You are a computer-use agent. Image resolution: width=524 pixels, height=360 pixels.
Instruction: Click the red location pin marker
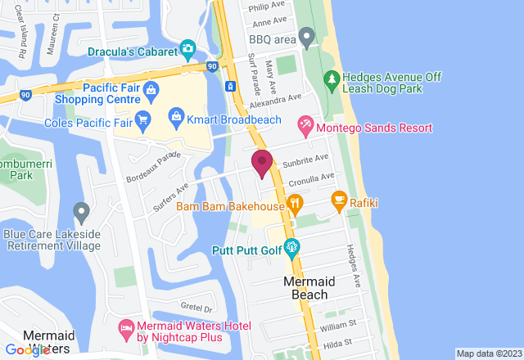pyautogui.click(x=262, y=163)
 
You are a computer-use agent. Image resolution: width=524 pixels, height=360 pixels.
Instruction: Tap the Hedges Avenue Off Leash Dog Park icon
pyautogui.click(x=331, y=79)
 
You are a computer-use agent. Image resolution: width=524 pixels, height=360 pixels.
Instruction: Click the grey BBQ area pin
pyautogui.click(x=306, y=37)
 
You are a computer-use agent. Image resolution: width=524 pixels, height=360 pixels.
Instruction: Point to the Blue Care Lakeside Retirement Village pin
pyautogui.click(x=81, y=213)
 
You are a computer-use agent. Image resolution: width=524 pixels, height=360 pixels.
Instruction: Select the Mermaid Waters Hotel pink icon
pyautogui.click(x=126, y=329)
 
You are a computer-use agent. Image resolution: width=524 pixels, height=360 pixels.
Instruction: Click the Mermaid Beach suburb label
pyautogui.click(x=305, y=288)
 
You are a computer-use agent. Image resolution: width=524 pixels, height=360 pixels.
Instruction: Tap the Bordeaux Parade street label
pyautogui.click(x=152, y=167)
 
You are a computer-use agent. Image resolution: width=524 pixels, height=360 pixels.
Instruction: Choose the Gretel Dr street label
pyautogui.click(x=196, y=309)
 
